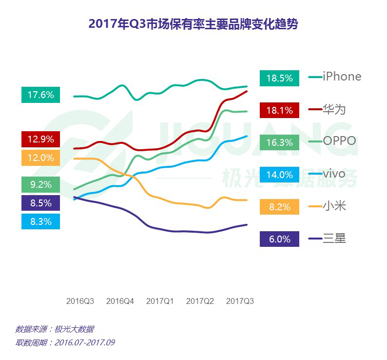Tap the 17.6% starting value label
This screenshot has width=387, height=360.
coord(40,95)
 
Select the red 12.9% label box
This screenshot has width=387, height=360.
coord(40,139)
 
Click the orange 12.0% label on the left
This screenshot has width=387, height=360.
coord(40,158)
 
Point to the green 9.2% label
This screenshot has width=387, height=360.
coord(40,184)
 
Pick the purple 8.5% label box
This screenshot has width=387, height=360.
coord(40,203)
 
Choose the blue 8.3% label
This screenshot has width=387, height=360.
coord(40,221)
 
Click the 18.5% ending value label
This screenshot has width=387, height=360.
coord(279,78)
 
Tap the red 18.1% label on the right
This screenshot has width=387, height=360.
coord(279,110)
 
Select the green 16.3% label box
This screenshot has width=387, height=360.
coord(279,142)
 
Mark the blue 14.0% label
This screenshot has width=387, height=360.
coord(279,175)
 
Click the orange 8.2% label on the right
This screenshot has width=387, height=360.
coord(279,207)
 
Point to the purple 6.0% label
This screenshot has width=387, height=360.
coord(279,239)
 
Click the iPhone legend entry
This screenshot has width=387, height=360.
coord(342,77)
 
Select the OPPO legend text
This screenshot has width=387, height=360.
coord(339,141)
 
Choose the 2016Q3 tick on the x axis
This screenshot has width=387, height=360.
coord(80,301)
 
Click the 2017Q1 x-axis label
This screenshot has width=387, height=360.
coord(160,301)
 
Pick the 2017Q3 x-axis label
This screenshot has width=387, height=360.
coord(240,301)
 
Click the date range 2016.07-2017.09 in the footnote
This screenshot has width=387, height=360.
coord(85,342)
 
